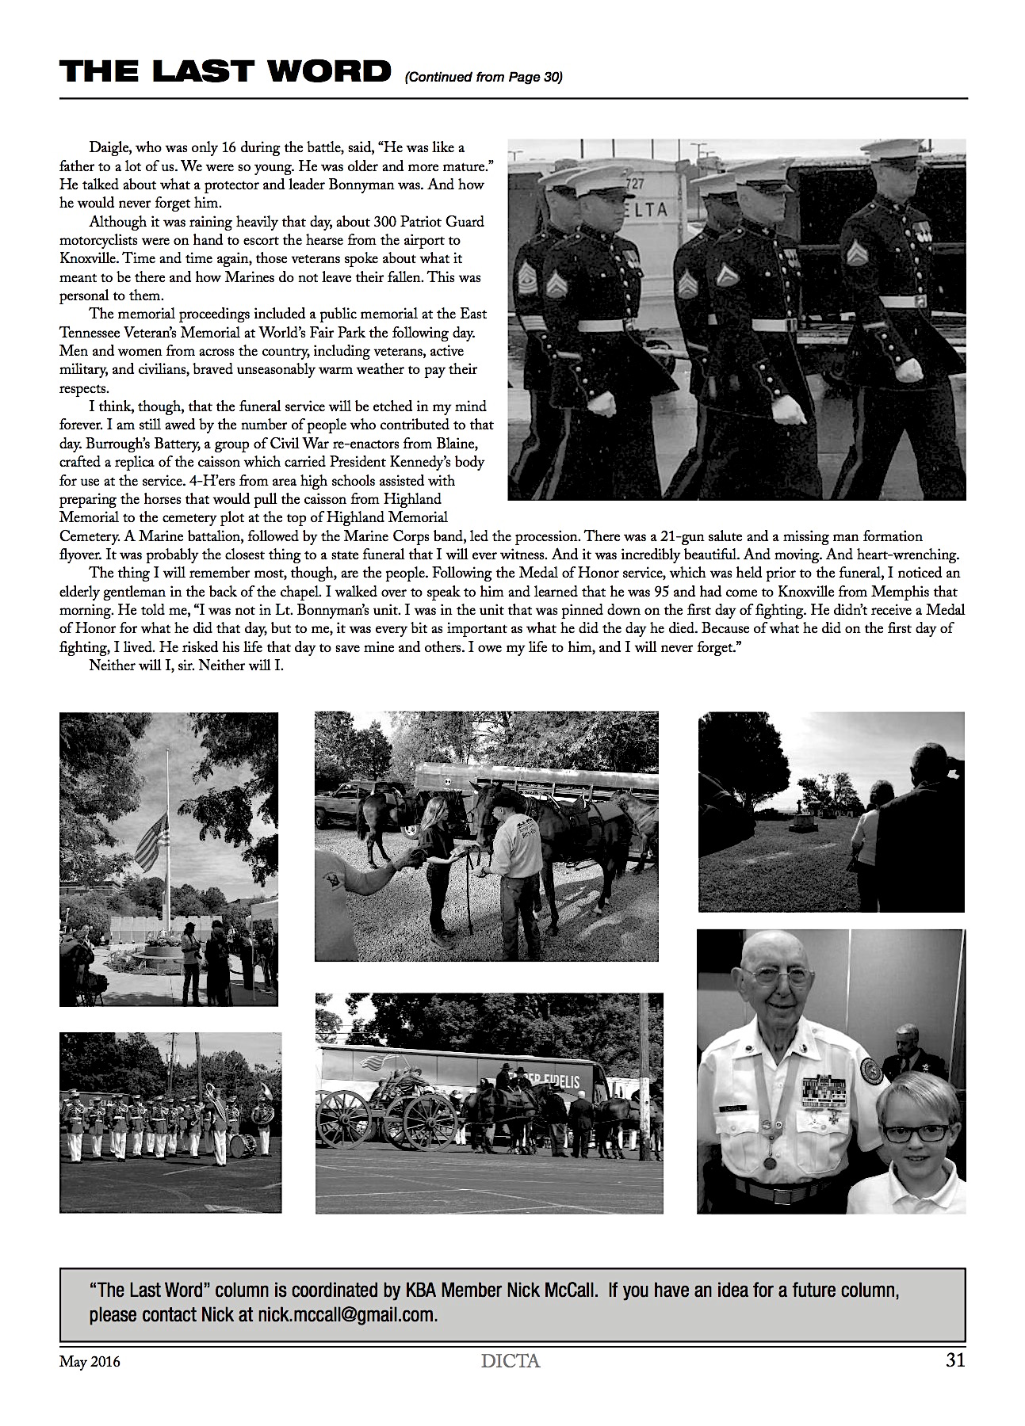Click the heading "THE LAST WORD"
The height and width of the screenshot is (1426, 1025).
click(225, 72)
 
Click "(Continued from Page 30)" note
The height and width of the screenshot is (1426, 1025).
click(483, 77)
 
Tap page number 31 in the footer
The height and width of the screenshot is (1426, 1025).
click(954, 1361)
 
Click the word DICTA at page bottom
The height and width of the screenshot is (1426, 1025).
click(511, 1362)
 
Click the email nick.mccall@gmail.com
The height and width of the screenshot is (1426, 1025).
click(347, 1315)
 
